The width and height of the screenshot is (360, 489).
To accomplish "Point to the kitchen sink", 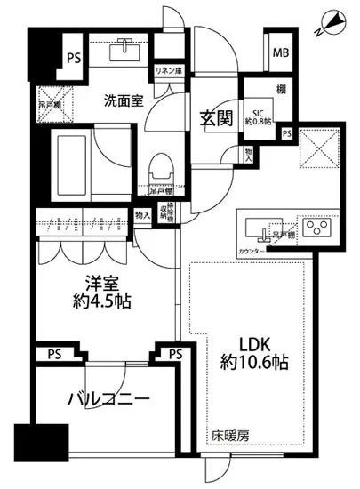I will (263, 229).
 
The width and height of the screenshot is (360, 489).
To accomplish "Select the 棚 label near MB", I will (280, 90).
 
